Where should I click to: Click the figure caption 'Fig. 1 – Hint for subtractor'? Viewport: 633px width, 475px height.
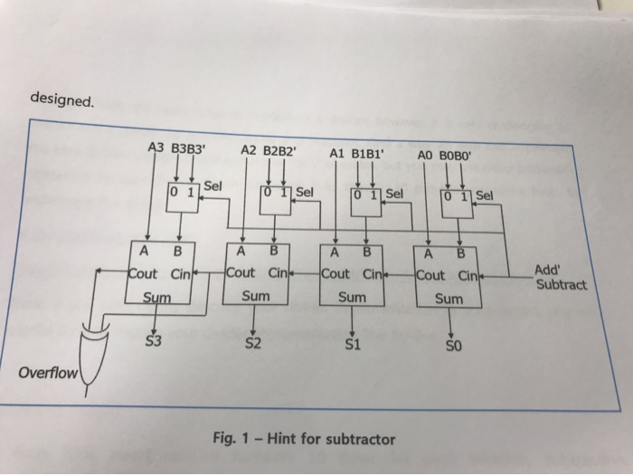304,439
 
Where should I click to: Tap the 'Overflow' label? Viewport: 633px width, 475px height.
48,373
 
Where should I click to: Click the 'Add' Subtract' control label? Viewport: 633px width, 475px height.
560,277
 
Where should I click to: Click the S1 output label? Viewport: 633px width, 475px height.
352,346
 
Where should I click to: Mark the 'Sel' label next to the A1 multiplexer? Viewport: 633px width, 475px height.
396,193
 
